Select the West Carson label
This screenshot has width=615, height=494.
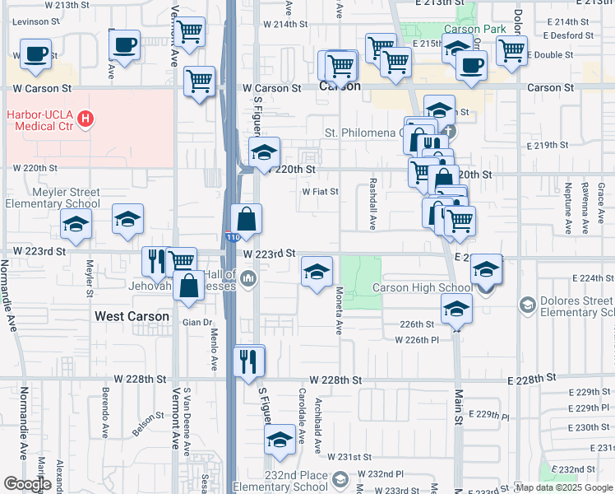[x=132, y=315]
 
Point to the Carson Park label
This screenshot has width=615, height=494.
[x=474, y=29]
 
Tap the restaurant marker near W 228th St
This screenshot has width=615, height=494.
[x=248, y=360]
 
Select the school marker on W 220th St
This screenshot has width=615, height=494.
[x=265, y=152]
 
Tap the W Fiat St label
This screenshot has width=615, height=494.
[x=321, y=192]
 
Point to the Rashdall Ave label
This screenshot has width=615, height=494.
[x=372, y=205]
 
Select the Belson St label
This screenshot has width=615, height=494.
[x=146, y=425]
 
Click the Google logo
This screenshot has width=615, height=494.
[x=27, y=484]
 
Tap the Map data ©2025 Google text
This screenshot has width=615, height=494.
[x=564, y=487]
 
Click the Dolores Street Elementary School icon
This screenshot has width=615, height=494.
[x=525, y=305]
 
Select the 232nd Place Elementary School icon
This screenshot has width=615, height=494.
[x=339, y=479]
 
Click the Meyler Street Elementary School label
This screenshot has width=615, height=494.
[x=53, y=198]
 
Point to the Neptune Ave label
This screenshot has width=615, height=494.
[x=568, y=211]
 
